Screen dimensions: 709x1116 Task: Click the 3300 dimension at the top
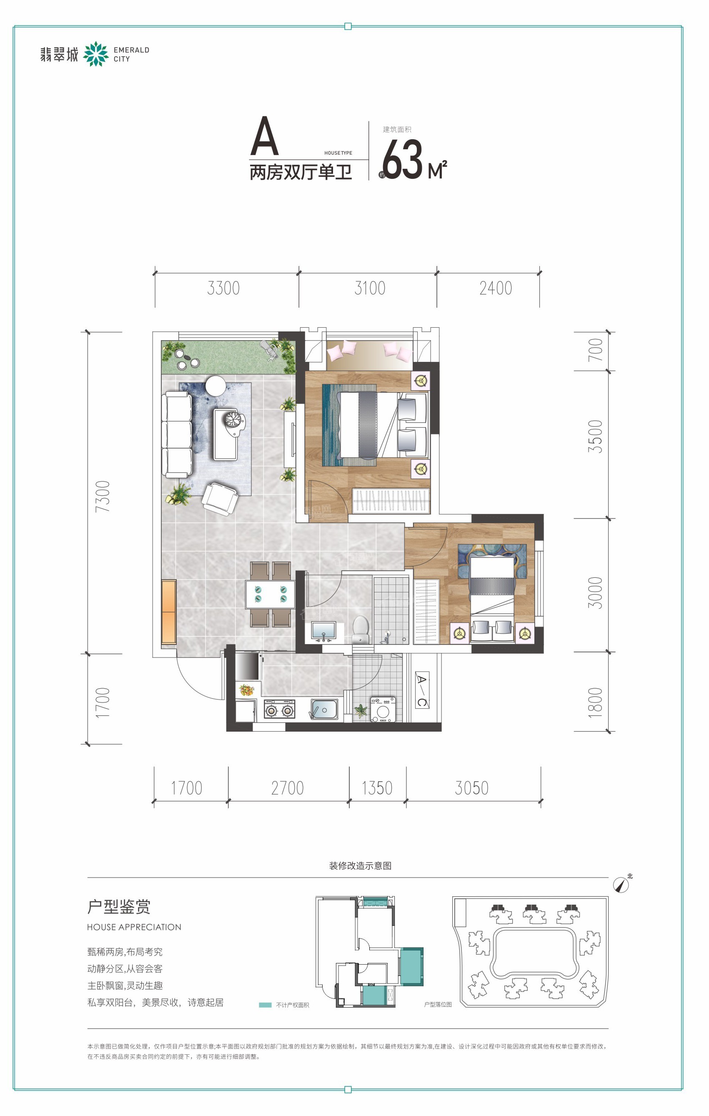tap(223, 288)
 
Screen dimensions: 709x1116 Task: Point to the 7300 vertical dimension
tap(103, 497)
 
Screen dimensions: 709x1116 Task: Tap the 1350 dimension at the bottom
tap(377, 788)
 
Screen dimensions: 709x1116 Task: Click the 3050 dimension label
tap(471, 788)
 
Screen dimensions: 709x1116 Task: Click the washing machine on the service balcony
tap(383, 710)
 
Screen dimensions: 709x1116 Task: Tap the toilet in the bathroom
tap(361, 629)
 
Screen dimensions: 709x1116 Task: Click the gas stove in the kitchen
tap(279, 709)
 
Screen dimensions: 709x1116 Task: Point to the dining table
tap(270, 594)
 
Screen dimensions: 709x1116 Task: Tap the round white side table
tap(215, 386)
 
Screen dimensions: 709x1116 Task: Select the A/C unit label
tap(421, 690)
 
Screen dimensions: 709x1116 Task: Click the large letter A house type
tap(265, 136)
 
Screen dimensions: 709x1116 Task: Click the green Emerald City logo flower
tap(96, 54)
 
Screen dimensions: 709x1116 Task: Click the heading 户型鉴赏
tap(119, 907)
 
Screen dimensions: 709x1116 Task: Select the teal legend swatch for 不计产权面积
tap(265, 1005)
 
